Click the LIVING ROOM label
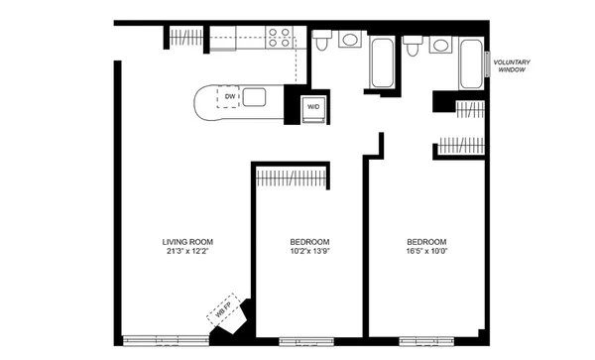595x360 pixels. (x=187, y=242)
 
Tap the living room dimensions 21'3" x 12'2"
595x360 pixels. (x=187, y=252)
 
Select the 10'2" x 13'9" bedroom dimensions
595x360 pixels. (x=309, y=252)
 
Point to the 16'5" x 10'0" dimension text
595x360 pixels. (x=426, y=252)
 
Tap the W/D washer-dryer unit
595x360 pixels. (x=312, y=106)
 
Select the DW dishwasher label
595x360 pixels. (x=229, y=97)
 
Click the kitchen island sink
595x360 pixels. (x=254, y=97)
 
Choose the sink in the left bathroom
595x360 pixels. (x=349, y=40)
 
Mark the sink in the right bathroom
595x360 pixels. (x=440, y=45)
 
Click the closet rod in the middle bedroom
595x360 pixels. (x=291, y=178)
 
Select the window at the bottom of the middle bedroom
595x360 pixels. (x=303, y=340)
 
